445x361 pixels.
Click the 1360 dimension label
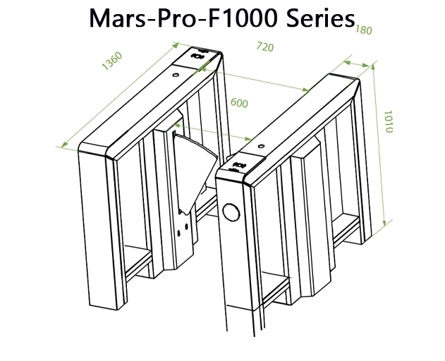[111, 61]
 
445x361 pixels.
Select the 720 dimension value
[264, 48]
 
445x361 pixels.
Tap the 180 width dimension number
[363, 30]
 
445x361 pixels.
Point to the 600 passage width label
[239, 103]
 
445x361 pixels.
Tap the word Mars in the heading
[117, 18]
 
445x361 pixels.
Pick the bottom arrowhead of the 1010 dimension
[386, 223]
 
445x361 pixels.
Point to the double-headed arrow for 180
[356, 64]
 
